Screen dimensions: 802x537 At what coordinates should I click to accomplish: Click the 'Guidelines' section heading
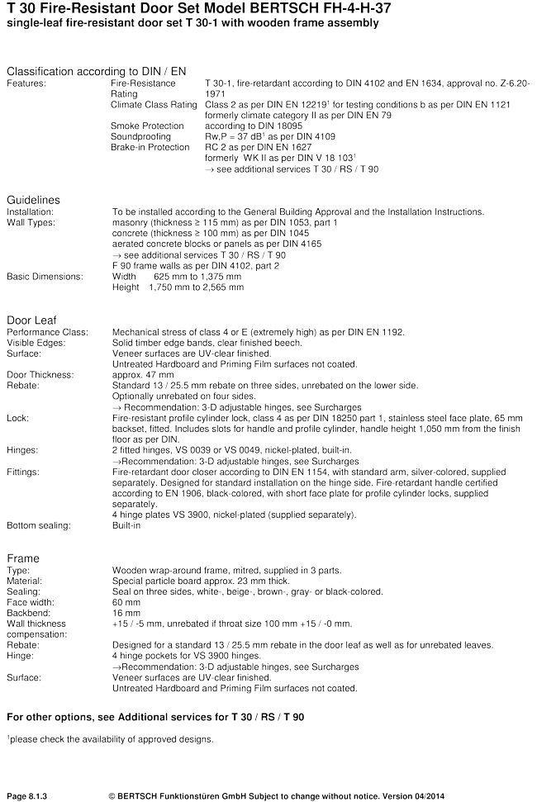click(33, 200)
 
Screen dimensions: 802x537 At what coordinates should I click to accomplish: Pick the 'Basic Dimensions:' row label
click(45, 277)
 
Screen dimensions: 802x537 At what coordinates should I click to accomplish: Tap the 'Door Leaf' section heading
click(31, 320)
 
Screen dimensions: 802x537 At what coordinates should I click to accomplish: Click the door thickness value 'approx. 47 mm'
click(140, 375)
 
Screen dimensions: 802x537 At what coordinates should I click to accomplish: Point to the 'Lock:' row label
click(18, 419)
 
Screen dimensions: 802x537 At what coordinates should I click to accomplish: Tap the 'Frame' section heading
click(23, 558)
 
